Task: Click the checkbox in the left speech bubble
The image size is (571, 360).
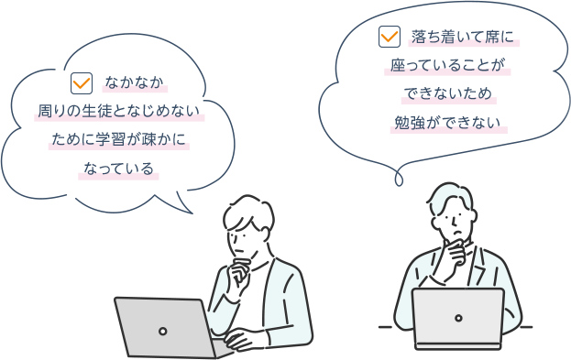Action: tap(82, 83)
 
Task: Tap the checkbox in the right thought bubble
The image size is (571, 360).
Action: tap(390, 37)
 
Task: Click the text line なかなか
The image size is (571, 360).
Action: tap(134, 82)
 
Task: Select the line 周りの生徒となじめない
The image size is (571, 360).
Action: tap(119, 111)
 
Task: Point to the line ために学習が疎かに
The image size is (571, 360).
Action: tap(119, 139)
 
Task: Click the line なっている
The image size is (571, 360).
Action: tap(119, 169)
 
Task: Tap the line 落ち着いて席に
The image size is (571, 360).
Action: tap(463, 37)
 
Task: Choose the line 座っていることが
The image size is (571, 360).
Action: tap(447, 65)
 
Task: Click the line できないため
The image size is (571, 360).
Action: tap(448, 94)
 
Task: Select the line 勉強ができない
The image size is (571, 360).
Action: tap(447, 123)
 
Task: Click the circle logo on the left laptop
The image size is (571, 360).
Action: tap(163, 332)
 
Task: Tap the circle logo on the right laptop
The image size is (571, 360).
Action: tap(458, 318)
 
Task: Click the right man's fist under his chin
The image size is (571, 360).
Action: tap(456, 252)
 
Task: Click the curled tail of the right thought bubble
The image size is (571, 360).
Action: tap(399, 179)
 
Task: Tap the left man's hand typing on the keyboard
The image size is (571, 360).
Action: tap(239, 338)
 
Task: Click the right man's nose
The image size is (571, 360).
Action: tap(455, 221)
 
